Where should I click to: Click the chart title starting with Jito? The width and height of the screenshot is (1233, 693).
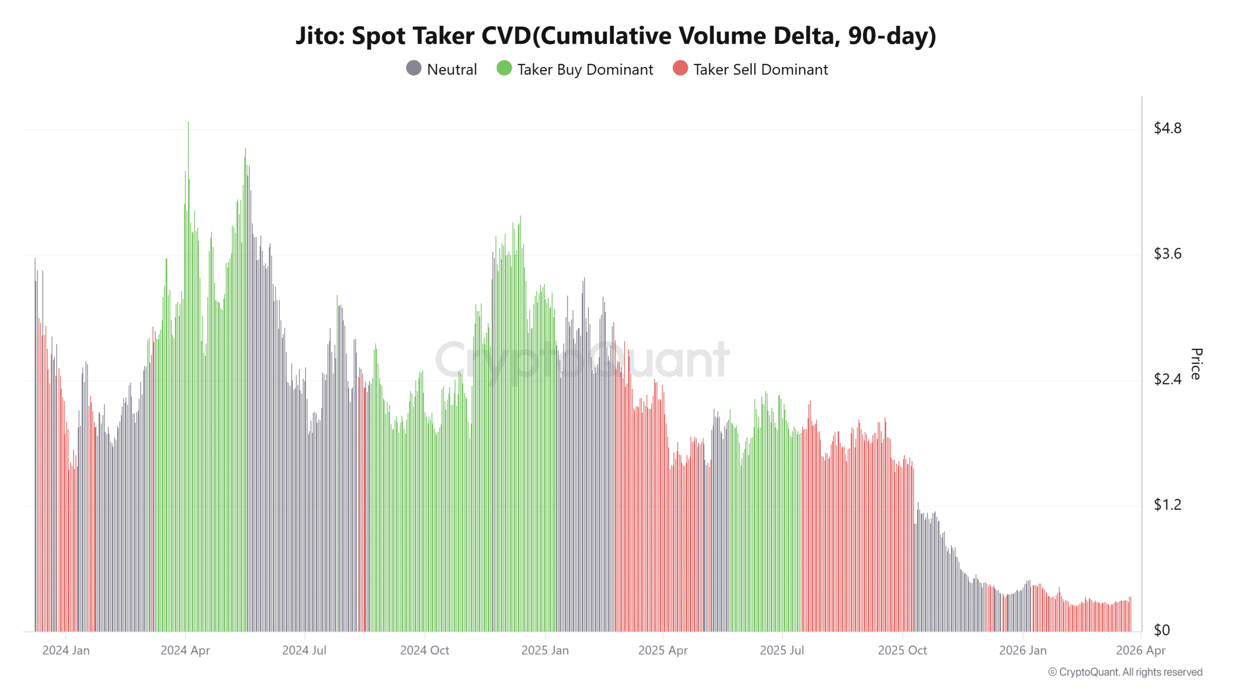tap(616, 36)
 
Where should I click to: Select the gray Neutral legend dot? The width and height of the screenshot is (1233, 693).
tap(413, 68)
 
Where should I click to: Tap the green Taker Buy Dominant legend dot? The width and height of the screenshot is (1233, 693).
tap(504, 68)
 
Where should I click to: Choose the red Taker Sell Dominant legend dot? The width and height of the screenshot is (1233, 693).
tap(680, 68)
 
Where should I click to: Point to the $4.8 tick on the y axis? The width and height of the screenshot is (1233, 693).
tap(1167, 128)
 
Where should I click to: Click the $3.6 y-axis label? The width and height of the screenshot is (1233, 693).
tap(1167, 254)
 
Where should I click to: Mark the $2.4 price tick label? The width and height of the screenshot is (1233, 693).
tap(1167, 379)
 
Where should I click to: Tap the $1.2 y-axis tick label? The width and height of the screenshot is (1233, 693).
tap(1167, 505)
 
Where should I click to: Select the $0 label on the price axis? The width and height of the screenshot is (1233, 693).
tap(1161, 630)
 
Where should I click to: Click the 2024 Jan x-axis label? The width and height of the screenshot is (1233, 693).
tap(66, 650)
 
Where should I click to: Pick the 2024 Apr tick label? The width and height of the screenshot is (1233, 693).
tap(185, 650)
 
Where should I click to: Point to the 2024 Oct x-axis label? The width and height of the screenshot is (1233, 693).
tap(424, 650)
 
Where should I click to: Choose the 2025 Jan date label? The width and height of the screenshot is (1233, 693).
tap(545, 650)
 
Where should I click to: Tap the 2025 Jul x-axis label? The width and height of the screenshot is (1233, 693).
tap(782, 650)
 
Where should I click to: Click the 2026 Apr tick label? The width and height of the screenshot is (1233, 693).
tap(1140, 650)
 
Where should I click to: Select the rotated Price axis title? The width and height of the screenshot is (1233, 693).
tap(1196, 364)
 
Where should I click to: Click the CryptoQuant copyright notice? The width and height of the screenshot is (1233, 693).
tap(1125, 672)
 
